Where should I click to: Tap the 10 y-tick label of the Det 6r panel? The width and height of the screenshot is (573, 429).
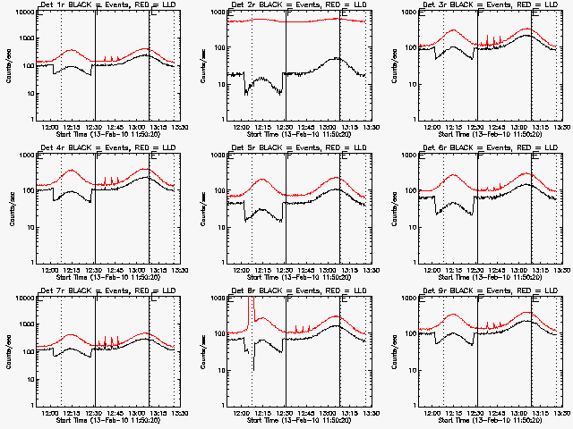[x=410, y=226]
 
